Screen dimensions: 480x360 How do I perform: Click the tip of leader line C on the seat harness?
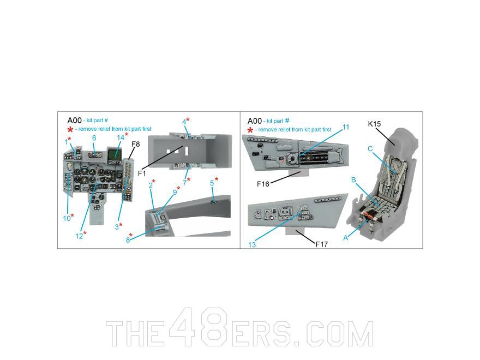pos(396,173)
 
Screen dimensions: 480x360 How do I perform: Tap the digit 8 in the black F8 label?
pos(138,144)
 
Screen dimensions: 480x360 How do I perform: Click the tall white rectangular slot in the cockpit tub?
pos(186,152)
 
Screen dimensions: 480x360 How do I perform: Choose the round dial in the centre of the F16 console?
pos(292,159)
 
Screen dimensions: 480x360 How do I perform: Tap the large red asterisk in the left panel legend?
pos(70,129)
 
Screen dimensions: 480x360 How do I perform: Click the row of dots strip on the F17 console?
pos(328,200)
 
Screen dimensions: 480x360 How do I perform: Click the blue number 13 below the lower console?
pos(252,245)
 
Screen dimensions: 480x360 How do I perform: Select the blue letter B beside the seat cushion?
pos(353,180)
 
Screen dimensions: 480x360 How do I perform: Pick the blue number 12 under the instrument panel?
pos(79,236)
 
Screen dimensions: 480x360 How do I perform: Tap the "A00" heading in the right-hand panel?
pos(255,121)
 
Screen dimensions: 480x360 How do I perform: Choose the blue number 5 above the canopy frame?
pos(212,183)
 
